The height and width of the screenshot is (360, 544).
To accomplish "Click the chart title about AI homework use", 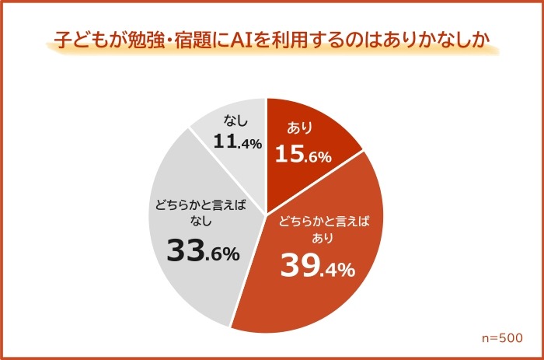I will point(271,40).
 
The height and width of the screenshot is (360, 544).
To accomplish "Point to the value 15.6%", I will point(304,155).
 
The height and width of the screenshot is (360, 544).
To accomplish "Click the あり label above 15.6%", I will point(299,128).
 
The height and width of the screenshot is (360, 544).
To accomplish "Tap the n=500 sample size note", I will point(502,338).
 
